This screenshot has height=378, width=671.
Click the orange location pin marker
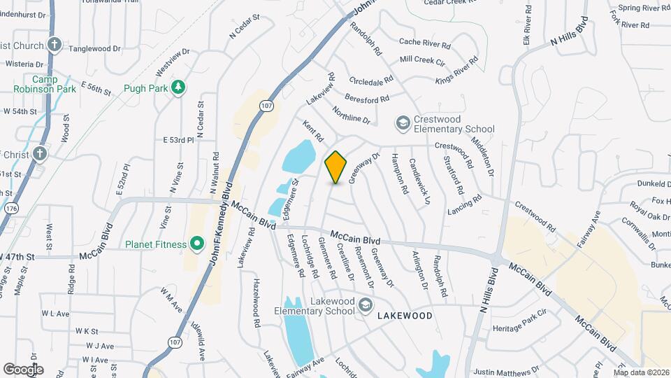pos(336,167)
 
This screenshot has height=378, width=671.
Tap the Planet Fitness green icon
pos(197,244)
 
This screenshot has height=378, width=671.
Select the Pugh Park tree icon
pos(179,87)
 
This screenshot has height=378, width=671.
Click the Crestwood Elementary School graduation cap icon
pos(402,124)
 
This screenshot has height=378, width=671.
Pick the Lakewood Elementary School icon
pos(367,306)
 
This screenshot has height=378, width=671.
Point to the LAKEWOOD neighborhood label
pos(405,316)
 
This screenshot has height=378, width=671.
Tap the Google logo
pos(23,369)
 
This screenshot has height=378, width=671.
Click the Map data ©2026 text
pos(641,372)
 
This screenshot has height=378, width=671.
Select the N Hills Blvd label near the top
pos(570,36)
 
